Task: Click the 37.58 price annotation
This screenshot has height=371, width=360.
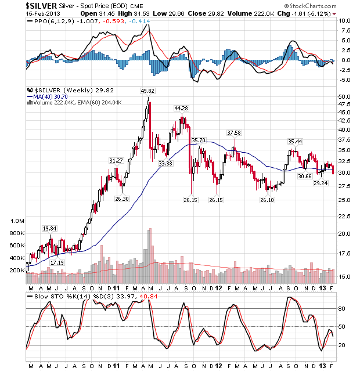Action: [234, 132]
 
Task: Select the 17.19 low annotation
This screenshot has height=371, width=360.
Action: [57, 263]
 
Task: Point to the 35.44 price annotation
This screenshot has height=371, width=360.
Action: [296, 141]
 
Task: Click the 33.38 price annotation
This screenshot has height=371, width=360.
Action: [165, 164]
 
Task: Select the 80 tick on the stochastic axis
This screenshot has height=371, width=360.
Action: [342, 308]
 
